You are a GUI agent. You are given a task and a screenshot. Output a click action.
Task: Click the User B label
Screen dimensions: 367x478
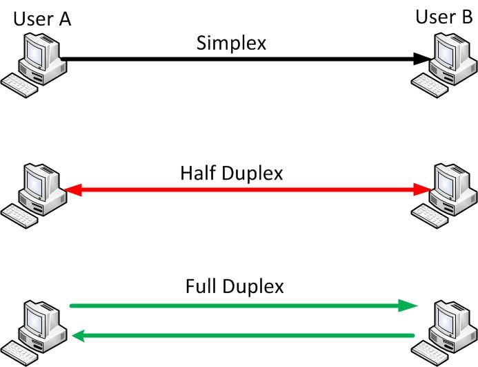coord(444,16)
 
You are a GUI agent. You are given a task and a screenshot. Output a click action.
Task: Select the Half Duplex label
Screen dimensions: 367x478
coord(231,173)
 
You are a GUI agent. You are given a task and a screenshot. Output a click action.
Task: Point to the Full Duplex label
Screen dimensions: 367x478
coord(234,285)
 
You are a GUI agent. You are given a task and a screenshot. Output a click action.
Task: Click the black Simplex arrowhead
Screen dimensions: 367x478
coord(422,59)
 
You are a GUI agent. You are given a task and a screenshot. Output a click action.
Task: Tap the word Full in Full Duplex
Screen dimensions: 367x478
coord(199,285)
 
